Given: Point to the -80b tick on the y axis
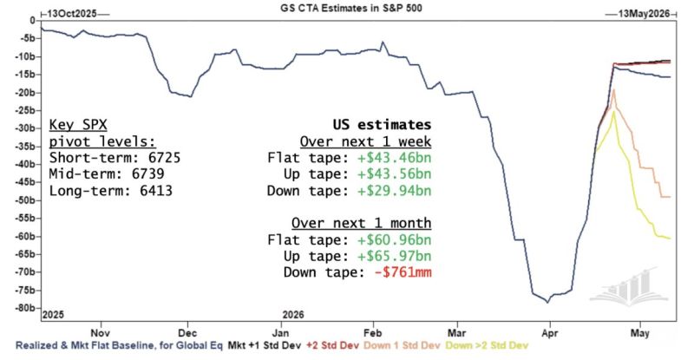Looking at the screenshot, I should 23,308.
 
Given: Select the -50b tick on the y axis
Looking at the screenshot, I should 23,200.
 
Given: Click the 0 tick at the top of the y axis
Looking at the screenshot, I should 31,20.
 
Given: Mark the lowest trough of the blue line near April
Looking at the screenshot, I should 547,301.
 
